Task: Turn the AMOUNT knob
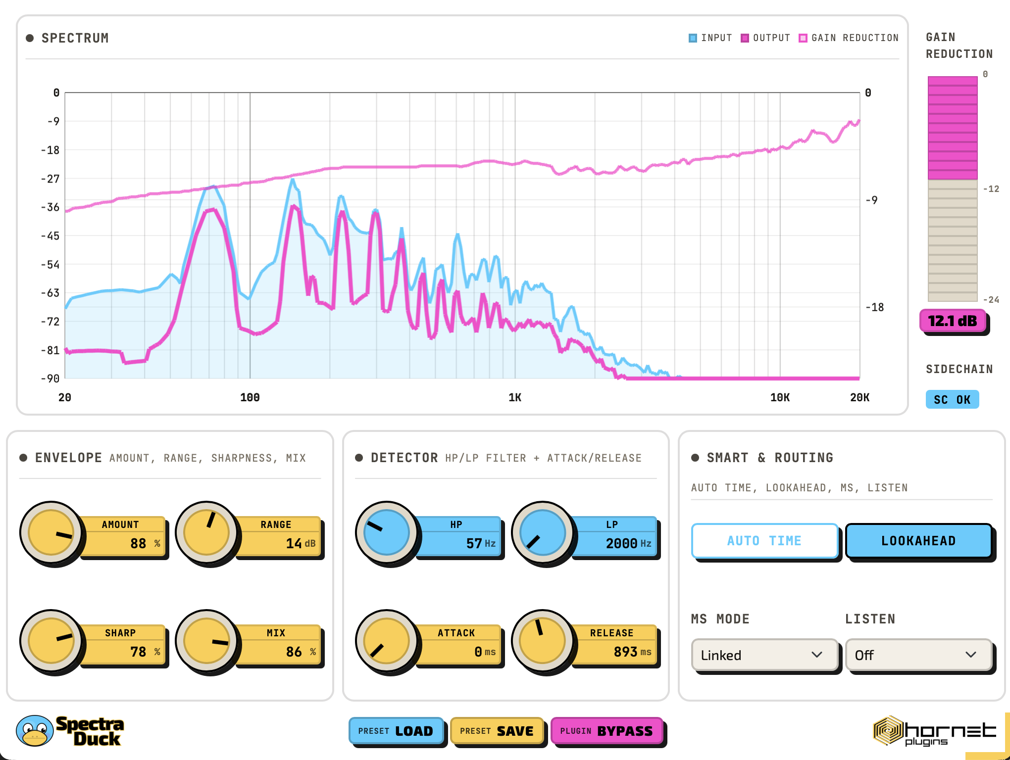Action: [51, 533]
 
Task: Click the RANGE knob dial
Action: [206, 533]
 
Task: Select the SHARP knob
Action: [51, 641]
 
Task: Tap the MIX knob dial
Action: [206, 641]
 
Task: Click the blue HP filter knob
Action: [387, 533]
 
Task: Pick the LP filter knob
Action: [543, 533]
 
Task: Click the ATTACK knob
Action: [387, 641]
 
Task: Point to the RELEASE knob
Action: [543, 641]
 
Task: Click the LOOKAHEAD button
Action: [918, 541]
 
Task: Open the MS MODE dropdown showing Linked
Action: [764, 655]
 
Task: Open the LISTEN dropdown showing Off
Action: [918, 655]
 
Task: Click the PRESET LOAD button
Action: [396, 731]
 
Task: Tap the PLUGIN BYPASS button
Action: [606, 731]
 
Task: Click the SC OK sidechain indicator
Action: [952, 399]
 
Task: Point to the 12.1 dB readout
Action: [953, 321]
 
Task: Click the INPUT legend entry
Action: [710, 38]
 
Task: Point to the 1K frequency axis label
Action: [515, 397]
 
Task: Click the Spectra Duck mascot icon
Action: [34, 730]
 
